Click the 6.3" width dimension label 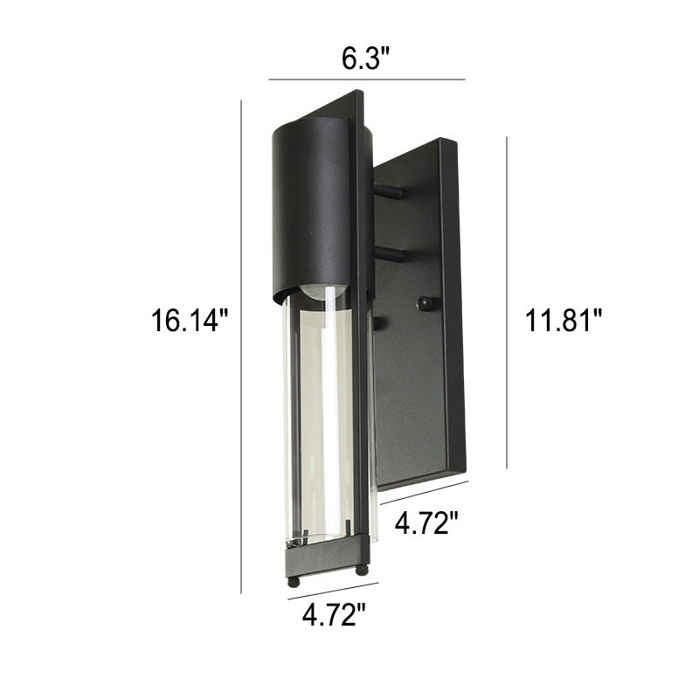point(365,59)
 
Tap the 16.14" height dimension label point(190,320)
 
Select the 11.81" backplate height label point(563,320)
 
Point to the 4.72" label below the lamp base point(334,615)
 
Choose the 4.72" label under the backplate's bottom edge point(426,523)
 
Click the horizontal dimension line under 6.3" point(366,80)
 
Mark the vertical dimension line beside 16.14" point(241,347)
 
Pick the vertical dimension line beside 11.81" point(507,302)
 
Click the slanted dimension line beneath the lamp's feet point(333,592)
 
